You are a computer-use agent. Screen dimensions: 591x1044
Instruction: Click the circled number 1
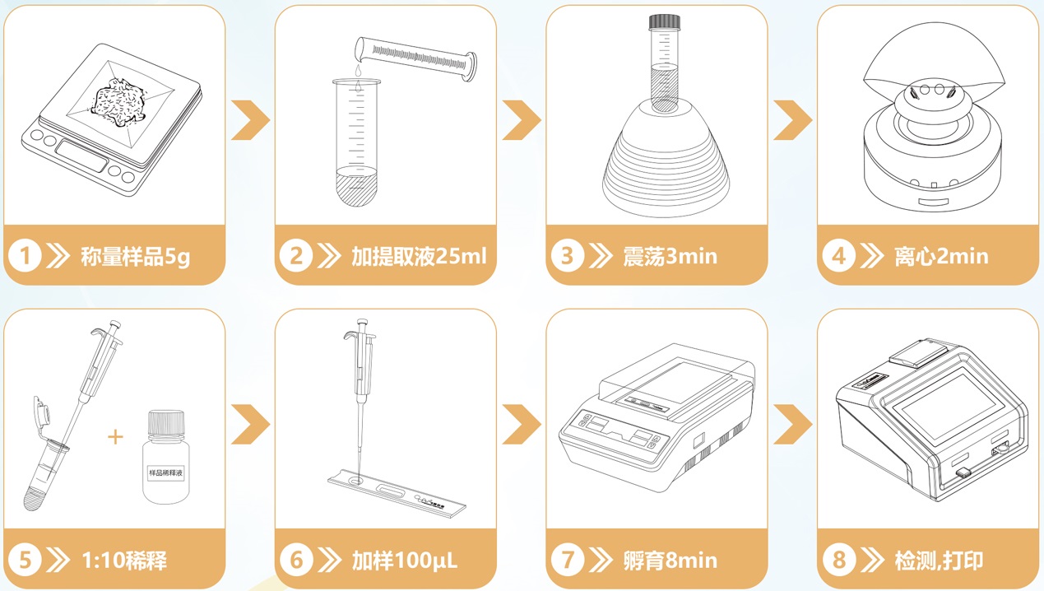(26, 256)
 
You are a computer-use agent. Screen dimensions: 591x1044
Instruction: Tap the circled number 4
(838, 256)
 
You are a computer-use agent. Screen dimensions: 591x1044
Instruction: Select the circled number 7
(567, 561)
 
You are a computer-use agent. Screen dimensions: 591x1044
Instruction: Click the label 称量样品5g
(135, 256)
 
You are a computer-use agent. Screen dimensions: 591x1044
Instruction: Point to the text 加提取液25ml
(419, 256)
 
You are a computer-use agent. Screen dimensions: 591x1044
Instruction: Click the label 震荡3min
(670, 256)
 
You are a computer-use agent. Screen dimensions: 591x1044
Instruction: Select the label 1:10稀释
(125, 561)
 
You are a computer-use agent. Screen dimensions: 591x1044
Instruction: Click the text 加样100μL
(405, 561)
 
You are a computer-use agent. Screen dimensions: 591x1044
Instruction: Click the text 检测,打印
(938, 561)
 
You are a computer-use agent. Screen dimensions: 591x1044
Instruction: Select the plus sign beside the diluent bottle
(116, 436)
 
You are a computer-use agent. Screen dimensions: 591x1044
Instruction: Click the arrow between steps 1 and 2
(250, 120)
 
